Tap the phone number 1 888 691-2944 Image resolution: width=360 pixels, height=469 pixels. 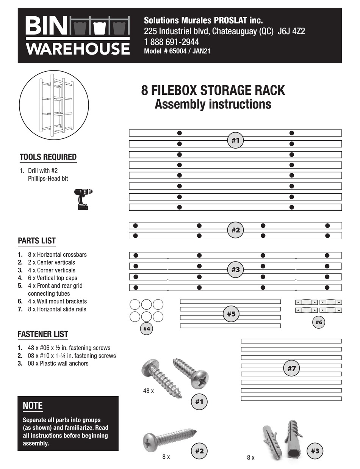pyautogui.click(x=171, y=42)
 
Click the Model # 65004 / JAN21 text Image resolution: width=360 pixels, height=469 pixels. pyautogui.click(x=177, y=52)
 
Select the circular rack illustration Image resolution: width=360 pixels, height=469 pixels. pyautogui.click(x=54, y=105)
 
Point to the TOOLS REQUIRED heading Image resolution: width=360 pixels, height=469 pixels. pyautogui.click(x=48, y=157)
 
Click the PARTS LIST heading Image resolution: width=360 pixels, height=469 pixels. pyautogui.click(x=37, y=241)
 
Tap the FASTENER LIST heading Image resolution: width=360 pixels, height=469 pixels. pyautogui.click(x=43, y=334)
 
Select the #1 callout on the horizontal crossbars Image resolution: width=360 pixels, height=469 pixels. pyautogui.click(x=235, y=140)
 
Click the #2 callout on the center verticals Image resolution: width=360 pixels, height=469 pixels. pyautogui.click(x=235, y=230)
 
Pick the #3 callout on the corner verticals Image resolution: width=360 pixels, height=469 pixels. pyautogui.click(x=235, y=270)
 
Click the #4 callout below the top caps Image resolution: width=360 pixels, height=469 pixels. pyautogui.click(x=147, y=329)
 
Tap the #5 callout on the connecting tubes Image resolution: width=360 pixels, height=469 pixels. pyautogui.click(x=231, y=314)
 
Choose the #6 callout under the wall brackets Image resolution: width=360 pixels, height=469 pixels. pyautogui.click(x=319, y=322)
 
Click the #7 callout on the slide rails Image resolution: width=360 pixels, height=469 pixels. pyautogui.click(x=291, y=368)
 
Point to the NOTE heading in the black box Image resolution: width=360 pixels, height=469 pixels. pyautogui.click(x=33, y=405)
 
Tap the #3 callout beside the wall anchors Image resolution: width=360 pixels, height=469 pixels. pyautogui.click(x=315, y=451)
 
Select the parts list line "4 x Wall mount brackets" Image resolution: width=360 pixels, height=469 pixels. pyautogui.click(x=57, y=301)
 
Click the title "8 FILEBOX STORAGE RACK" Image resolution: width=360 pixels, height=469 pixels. pyautogui.click(x=213, y=91)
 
